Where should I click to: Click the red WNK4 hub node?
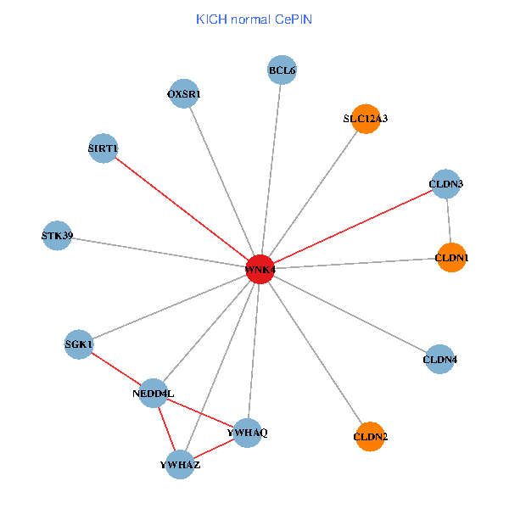(260, 269)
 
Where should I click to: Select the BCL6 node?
(282, 71)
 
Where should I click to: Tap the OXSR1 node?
(184, 94)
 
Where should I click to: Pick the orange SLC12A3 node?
(366, 119)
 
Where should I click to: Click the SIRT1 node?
(103, 148)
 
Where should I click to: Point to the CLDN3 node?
(446, 184)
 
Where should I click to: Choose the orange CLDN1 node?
(452, 257)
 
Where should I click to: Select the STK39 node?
(57, 236)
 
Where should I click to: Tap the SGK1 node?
(79, 344)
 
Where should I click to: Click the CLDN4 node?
(439, 360)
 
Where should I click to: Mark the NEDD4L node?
(153, 393)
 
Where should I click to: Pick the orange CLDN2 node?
(371, 437)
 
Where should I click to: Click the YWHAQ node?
(248, 433)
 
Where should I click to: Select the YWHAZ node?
(180, 465)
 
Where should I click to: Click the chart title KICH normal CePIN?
(255, 19)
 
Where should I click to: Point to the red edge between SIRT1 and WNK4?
(181, 209)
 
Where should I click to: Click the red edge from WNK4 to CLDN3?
(353, 227)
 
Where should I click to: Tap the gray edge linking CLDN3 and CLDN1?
(450, 221)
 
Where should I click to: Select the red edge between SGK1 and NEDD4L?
(115, 368)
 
